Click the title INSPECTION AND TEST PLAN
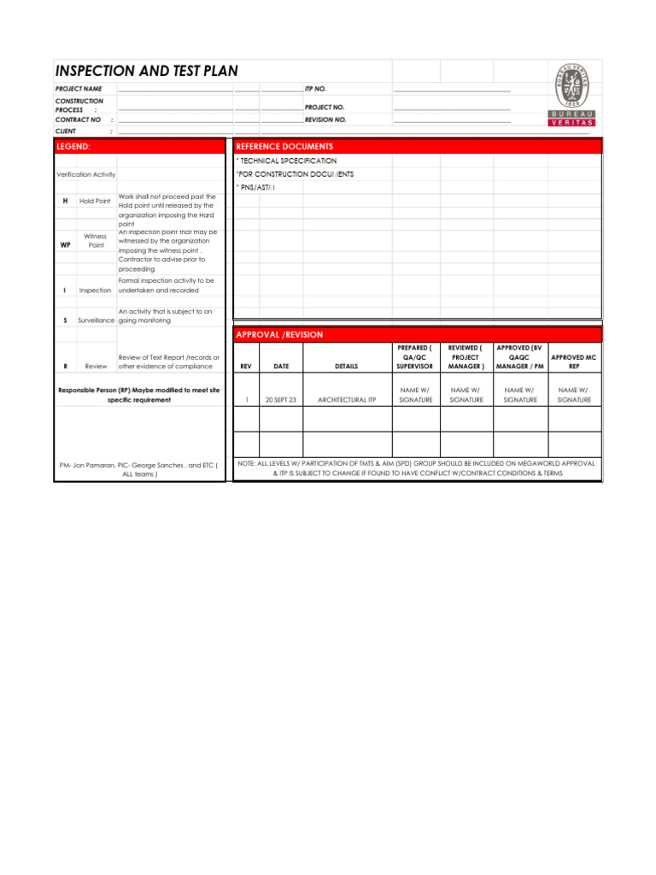tap(146, 71)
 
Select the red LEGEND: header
tap(73, 147)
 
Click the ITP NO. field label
tap(315, 89)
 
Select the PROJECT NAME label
tap(79, 89)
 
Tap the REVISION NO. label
tap(325, 120)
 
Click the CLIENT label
tap(66, 132)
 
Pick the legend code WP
tap(65, 244)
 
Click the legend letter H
tap(65, 201)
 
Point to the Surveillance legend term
tap(97, 320)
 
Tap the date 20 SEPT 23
tap(281, 400)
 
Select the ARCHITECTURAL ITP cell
tap(347, 400)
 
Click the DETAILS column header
tap(347, 367)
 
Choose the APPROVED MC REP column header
tap(574, 361)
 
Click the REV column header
tap(246, 367)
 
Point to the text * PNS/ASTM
tap(255, 188)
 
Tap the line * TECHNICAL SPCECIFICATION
tap(286, 161)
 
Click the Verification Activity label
tap(85, 174)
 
